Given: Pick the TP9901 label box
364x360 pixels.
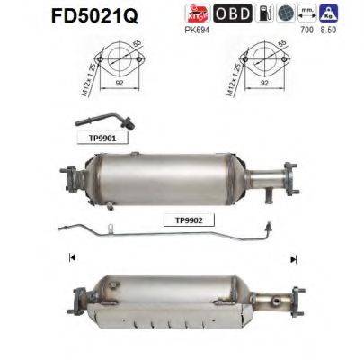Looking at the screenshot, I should pos(90,139).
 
